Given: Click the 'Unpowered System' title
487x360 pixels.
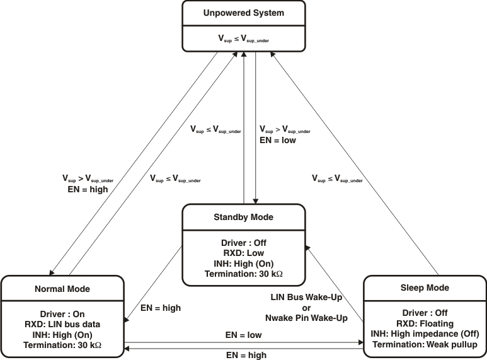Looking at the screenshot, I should pos(244,13).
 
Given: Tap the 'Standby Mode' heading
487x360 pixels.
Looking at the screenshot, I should pos(244,218).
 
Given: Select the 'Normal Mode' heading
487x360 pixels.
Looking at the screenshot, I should pos(62,289).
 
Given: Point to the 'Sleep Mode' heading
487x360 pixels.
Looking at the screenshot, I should pos(424,288).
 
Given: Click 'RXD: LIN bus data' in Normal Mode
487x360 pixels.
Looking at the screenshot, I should pos(62,324).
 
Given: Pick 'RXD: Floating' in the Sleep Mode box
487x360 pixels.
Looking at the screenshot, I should pos(424,323).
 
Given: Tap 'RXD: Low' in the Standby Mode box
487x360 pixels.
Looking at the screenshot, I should pos(244,252).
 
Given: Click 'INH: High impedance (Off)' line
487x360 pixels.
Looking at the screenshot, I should pos(424,334).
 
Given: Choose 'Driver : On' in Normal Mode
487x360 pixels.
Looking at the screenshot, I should pos(62,313).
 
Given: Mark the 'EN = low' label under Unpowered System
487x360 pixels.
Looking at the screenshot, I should pos(278,141).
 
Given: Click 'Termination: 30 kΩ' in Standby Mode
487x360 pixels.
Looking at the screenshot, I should pos(244,274).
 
